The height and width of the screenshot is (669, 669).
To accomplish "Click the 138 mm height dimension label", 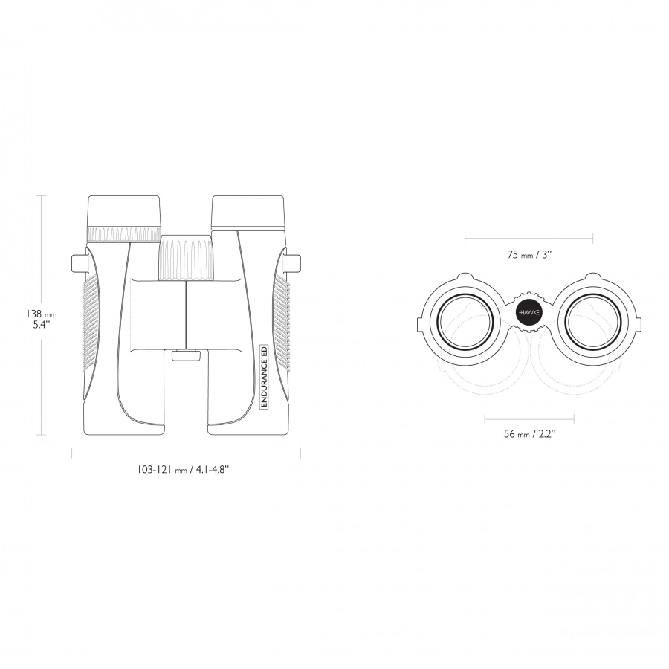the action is pyautogui.click(x=42, y=319).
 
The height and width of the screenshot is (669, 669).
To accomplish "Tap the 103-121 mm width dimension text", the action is pyautogui.click(x=183, y=469).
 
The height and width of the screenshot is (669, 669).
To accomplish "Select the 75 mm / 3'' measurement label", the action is pyautogui.click(x=529, y=255).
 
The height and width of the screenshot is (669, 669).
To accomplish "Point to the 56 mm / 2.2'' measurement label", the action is pyautogui.click(x=529, y=434).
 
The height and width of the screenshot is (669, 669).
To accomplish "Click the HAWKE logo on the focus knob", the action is pyautogui.click(x=529, y=313).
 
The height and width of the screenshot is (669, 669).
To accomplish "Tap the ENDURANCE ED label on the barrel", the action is pyautogui.click(x=264, y=376).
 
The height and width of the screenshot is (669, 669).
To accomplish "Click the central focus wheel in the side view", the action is pyautogui.click(x=187, y=257).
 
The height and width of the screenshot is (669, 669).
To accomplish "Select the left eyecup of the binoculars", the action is pyautogui.click(x=123, y=211).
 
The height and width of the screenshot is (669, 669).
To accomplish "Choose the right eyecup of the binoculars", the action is pyautogui.click(x=248, y=213).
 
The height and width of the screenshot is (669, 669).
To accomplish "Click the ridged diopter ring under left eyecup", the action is pyautogui.click(x=123, y=234).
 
